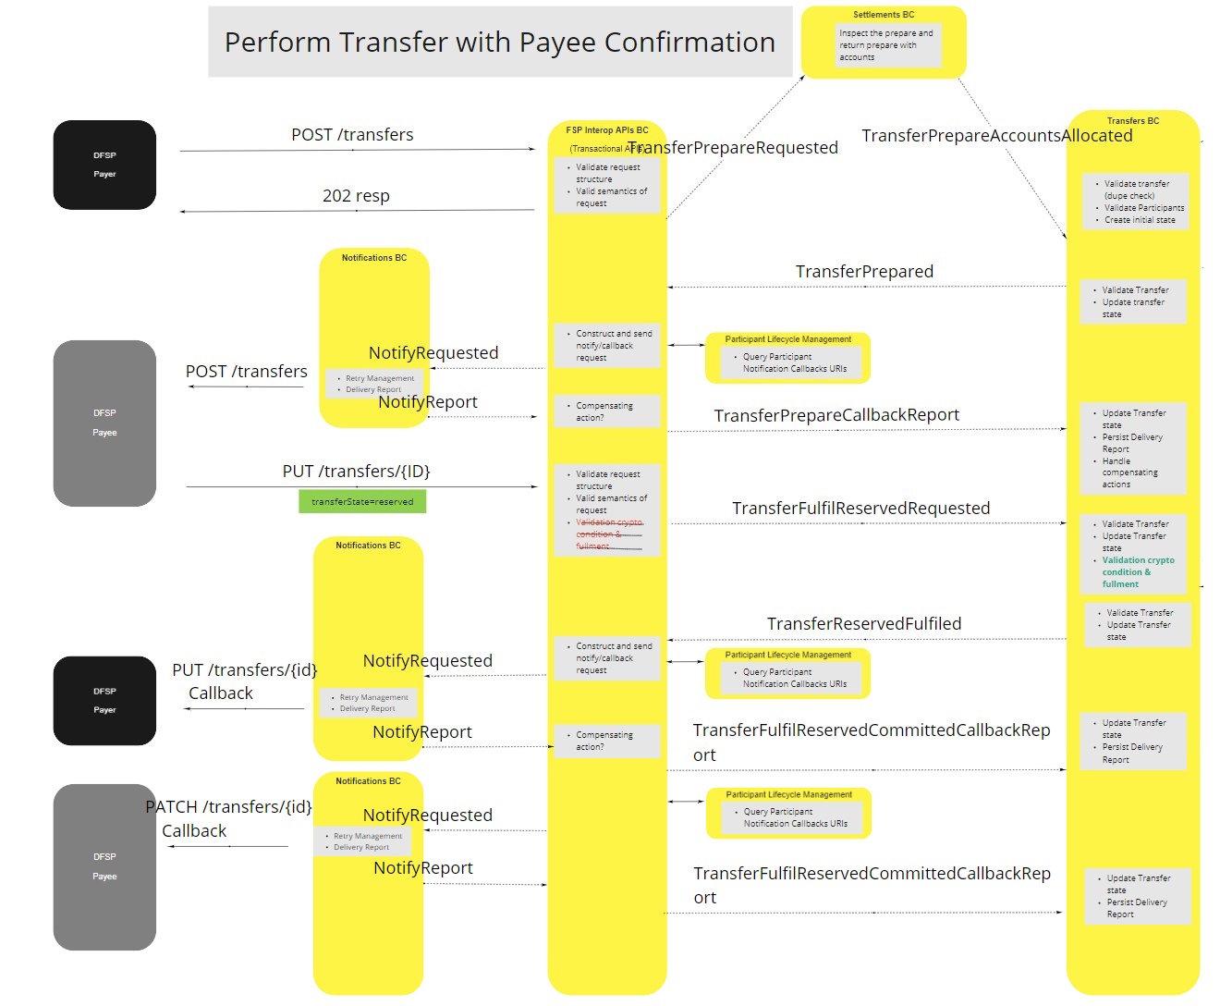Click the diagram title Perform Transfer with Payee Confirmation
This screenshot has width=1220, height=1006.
coord(499,43)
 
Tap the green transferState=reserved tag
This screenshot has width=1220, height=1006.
coord(362,501)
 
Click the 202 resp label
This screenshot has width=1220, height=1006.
coord(356,196)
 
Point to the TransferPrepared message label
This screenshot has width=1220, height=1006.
coord(864,272)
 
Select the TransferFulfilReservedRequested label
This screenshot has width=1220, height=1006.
coord(860,509)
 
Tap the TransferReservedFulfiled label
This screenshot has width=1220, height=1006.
coord(863,624)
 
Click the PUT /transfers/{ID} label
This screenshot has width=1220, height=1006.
coord(356,472)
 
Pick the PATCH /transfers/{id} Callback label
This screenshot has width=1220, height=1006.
coord(228,818)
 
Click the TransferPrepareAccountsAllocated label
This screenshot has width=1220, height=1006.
coord(996,136)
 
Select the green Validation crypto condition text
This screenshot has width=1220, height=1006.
coord(1137,571)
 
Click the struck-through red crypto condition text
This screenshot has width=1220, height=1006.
coord(608,534)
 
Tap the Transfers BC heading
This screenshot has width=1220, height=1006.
coord(1132,121)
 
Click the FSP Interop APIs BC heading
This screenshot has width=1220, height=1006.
coord(606,130)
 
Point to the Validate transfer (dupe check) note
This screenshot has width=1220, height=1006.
coord(1136,190)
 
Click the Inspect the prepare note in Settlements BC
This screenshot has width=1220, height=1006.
coord(884,45)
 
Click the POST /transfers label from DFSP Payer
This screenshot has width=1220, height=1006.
coord(352,135)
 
